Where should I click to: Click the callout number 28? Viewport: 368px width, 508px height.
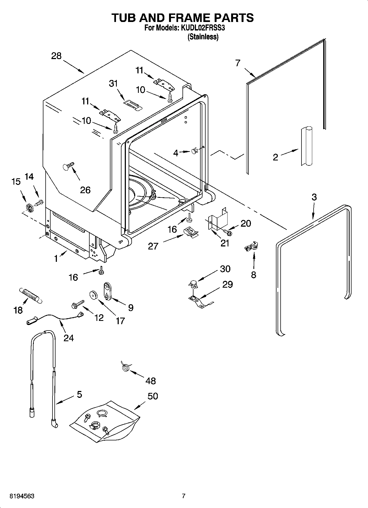click(x=56, y=56)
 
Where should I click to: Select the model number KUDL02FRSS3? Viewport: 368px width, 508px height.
click(x=204, y=28)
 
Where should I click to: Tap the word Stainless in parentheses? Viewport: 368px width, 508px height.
click(x=203, y=37)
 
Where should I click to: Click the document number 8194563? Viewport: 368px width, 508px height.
click(x=22, y=496)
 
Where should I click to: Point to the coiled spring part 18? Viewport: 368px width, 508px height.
click(x=30, y=296)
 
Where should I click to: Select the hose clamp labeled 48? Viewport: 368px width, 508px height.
click(x=126, y=367)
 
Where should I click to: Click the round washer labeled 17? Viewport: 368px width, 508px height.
click(x=94, y=295)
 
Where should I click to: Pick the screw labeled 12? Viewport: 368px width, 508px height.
click(x=77, y=304)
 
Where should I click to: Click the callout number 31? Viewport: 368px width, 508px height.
click(x=113, y=84)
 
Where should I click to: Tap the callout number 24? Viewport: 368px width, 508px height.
click(x=69, y=338)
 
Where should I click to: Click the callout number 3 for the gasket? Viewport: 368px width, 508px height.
click(x=314, y=197)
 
